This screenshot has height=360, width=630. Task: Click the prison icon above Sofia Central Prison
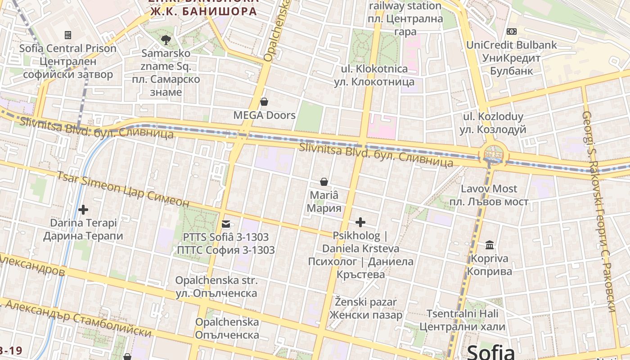point(68,35)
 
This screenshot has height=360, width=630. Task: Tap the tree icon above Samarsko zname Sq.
point(166,40)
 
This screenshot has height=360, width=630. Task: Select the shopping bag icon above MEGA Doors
point(264,102)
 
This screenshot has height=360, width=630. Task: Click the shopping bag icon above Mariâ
point(324,182)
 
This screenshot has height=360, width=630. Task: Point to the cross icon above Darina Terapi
point(83,209)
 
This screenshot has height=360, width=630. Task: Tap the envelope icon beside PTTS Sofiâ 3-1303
point(225,224)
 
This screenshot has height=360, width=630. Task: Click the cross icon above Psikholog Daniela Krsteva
point(360,222)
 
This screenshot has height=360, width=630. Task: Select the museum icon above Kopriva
point(490,245)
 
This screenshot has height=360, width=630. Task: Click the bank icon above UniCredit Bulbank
point(511,31)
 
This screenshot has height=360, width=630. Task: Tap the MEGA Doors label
point(264,115)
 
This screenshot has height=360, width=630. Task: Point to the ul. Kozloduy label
point(493,123)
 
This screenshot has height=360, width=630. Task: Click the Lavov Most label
point(489,195)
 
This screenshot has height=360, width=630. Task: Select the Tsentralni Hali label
point(462,320)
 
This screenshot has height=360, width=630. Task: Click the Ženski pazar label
point(365,308)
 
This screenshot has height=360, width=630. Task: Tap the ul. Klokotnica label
point(374,75)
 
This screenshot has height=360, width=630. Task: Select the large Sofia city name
point(490,351)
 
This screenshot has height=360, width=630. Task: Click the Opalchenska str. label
point(216,287)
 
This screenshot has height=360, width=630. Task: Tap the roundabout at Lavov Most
point(493,154)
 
